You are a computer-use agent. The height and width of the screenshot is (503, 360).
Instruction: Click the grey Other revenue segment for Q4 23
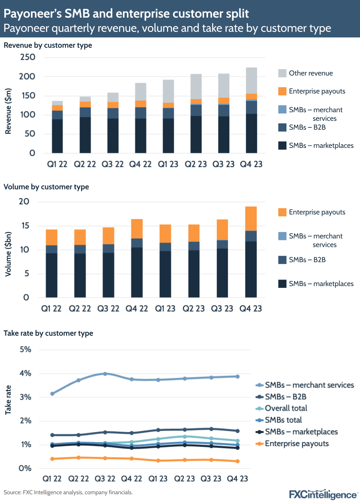point(251,81)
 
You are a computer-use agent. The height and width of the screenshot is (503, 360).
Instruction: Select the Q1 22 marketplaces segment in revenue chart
point(57,136)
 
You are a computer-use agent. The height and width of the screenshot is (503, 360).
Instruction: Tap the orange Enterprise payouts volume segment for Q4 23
point(251,219)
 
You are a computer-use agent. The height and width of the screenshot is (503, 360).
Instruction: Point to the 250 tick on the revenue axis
point(28,57)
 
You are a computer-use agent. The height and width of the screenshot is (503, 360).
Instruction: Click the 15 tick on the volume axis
point(25,226)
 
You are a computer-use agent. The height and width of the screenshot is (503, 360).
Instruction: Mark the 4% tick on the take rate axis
point(25,373)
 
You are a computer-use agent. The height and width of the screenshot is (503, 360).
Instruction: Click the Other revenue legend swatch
point(282,73)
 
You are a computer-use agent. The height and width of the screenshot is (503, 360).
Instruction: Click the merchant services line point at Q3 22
point(105,374)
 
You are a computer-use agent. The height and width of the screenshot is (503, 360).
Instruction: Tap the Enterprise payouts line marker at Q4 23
point(238,461)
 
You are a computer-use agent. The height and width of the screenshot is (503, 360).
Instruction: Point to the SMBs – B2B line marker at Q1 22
point(53,435)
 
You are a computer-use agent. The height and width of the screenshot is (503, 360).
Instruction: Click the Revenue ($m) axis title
point(8,111)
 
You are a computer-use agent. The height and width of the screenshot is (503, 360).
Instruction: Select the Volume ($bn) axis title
point(8,254)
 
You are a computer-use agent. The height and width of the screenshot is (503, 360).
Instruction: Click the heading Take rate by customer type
point(48,333)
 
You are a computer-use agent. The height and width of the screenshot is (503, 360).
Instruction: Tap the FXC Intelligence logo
point(323,494)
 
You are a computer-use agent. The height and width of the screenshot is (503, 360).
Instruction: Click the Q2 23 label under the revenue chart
point(195,164)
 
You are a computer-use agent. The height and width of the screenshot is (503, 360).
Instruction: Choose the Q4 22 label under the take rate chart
point(131,479)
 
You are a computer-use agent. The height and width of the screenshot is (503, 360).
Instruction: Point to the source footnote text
point(68,493)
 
